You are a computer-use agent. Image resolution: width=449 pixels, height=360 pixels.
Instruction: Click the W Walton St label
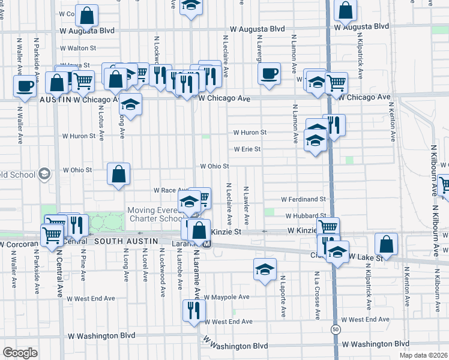[x=78, y=48]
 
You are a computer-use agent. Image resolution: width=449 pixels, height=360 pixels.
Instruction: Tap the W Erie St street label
[x=247, y=149]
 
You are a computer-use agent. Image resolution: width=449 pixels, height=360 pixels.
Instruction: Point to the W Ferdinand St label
[x=304, y=199]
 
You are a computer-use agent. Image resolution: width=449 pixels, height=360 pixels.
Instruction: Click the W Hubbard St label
[x=306, y=215]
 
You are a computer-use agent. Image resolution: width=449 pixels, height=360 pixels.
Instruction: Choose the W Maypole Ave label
[x=226, y=297]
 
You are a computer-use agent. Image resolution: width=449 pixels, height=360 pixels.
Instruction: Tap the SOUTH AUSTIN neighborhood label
[x=125, y=241]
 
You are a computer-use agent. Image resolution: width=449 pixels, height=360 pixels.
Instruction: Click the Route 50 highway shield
[x=334, y=329]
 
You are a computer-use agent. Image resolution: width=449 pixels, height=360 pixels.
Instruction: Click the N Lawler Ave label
[x=246, y=205]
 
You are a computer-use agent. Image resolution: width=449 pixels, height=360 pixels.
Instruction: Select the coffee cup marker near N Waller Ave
[x=25, y=86]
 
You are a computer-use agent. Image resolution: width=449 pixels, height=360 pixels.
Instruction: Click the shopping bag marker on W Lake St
[x=386, y=244]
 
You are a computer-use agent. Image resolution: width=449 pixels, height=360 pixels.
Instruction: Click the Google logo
[x=20, y=353]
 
